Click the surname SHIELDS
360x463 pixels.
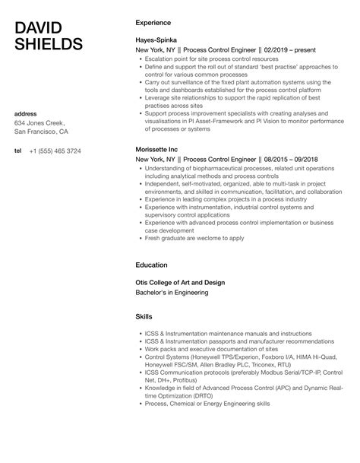point(49,45)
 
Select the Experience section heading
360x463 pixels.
point(153,23)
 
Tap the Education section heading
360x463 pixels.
point(151,265)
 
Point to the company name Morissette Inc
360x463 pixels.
point(158,149)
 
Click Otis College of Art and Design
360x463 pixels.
point(179,282)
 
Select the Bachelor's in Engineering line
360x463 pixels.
point(172,293)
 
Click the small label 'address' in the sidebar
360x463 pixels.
point(25,114)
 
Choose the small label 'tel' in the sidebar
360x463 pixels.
point(17,151)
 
